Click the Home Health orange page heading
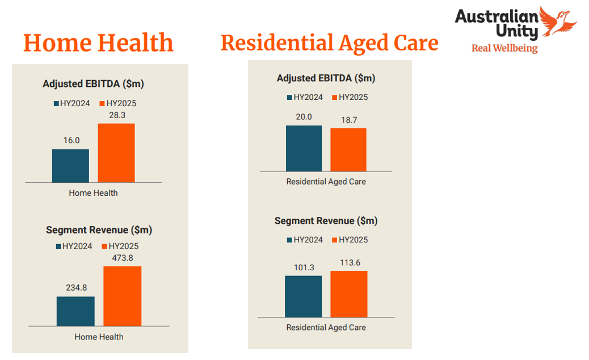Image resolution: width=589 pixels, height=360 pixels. (x=98, y=43)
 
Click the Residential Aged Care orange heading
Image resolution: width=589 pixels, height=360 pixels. (x=329, y=43)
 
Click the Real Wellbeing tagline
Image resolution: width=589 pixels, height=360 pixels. (x=504, y=48)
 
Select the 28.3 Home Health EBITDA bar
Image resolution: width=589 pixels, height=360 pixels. (x=116, y=153)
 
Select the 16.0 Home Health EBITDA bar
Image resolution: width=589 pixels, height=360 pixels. (x=70, y=166)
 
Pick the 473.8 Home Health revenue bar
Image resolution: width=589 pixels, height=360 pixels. (x=122, y=296)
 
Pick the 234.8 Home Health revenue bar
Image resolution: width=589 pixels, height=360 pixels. (x=75, y=311)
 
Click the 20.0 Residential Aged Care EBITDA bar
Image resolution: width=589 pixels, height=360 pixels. (x=304, y=148)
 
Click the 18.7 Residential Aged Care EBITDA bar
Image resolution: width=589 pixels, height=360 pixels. (x=348, y=150)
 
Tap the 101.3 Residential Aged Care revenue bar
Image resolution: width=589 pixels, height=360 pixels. (x=303, y=296)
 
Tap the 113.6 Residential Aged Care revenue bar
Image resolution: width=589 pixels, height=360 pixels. (x=349, y=294)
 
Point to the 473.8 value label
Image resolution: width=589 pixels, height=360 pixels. (x=122, y=258)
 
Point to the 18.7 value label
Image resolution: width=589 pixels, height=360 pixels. (x=348, y=120)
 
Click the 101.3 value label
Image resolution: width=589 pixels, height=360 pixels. (x=303, y=267)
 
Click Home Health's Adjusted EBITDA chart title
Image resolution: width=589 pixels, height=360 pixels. (x=93, y=84)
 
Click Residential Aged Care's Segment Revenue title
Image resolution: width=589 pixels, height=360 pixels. (x=326, y=221)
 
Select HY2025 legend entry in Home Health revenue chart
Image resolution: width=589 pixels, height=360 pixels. (x=120, y=246)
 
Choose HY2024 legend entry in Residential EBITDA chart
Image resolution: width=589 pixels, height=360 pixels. (x=305, y=97)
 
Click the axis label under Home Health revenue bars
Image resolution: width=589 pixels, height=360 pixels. (x=99, y=337)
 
